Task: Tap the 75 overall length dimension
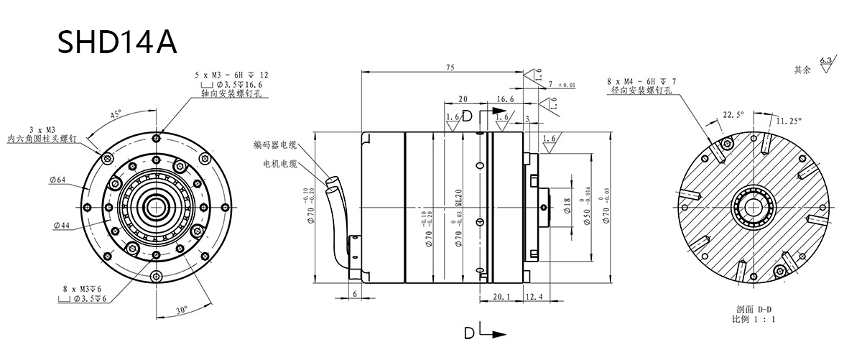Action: tap(450, 67)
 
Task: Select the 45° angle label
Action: tap(115, 114)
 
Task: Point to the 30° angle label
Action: tap(182, 310)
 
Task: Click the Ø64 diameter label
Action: tap(57, 180)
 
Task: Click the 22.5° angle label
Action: tap(733, 114)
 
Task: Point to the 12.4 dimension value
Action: tap(534, 296)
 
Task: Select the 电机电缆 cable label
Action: tap(280, 164)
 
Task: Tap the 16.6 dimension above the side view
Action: tap(506, 99)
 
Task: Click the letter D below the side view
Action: tap(468, 334)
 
